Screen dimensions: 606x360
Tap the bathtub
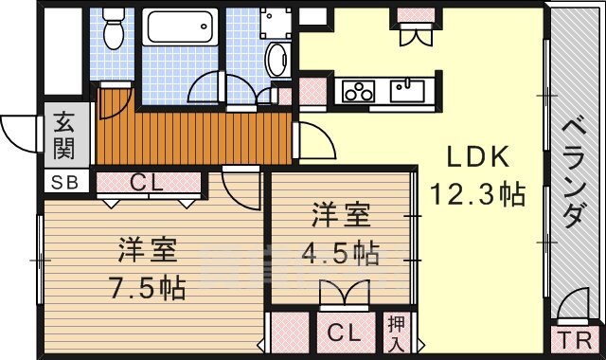[x=180, y=27]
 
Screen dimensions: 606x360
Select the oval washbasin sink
[x=276, y=59]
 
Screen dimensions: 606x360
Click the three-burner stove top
[x=358, y=92]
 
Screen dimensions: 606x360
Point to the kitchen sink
[x=407, y=91]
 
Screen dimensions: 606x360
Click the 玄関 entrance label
[x=63, y=135]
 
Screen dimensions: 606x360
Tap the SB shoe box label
[x=65, y=182]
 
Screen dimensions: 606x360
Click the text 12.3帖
[x=478, y=193]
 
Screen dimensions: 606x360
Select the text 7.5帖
[x=148, y=287]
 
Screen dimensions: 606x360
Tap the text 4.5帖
[x=340, y=254]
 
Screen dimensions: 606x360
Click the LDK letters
[x=477, y=156]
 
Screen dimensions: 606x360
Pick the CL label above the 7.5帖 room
[x=147, y=183]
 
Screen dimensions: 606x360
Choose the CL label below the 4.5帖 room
[x=344, y=333]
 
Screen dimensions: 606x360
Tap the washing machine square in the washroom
[x=276, y=23]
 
